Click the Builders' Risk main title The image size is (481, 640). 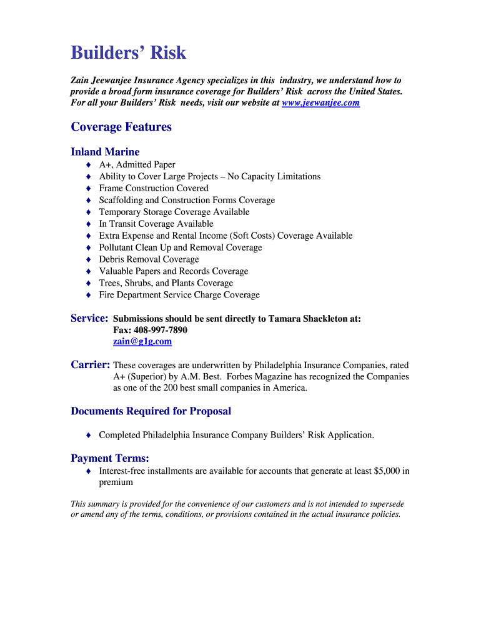128,52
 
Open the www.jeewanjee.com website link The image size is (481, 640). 320,103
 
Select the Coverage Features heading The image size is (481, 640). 121,127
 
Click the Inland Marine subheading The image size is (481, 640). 105,152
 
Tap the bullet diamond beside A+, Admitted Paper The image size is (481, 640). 89,165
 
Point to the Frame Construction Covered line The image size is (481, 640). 154,188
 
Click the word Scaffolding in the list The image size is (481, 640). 121,200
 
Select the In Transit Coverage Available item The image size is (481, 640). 156,224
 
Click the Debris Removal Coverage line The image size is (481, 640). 149,259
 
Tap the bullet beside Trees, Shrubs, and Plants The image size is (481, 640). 89,283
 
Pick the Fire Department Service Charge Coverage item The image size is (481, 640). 179,295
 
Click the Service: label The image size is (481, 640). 89,318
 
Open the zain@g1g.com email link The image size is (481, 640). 142,342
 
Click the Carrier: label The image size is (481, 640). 91,365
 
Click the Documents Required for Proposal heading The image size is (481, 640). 151,411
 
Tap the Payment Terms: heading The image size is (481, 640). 110,459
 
